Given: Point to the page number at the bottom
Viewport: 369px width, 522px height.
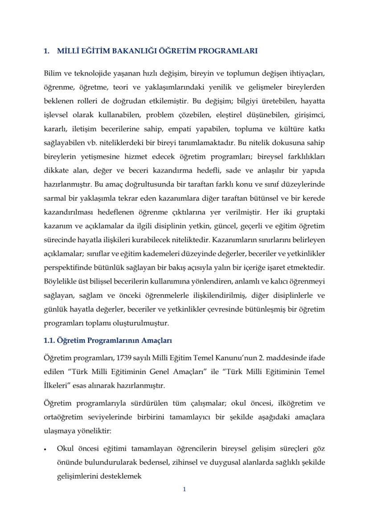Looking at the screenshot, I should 184,489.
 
